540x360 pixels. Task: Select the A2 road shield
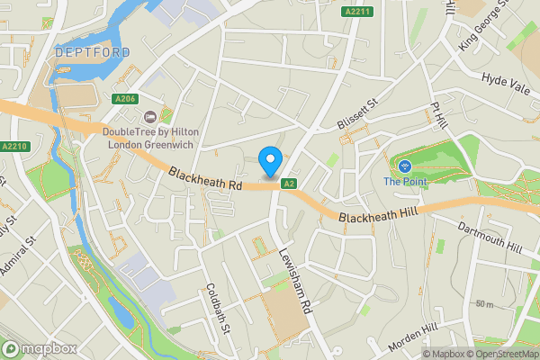click(x=289, y=184)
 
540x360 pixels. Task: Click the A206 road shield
click(x=125, y=99)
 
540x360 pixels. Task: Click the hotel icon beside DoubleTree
click(x=151, y=116)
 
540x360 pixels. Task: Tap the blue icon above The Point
click(x=404, y=166)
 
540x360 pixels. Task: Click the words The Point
click(x=405, y=182)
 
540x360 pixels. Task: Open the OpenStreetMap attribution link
click(x=502, y=354)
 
